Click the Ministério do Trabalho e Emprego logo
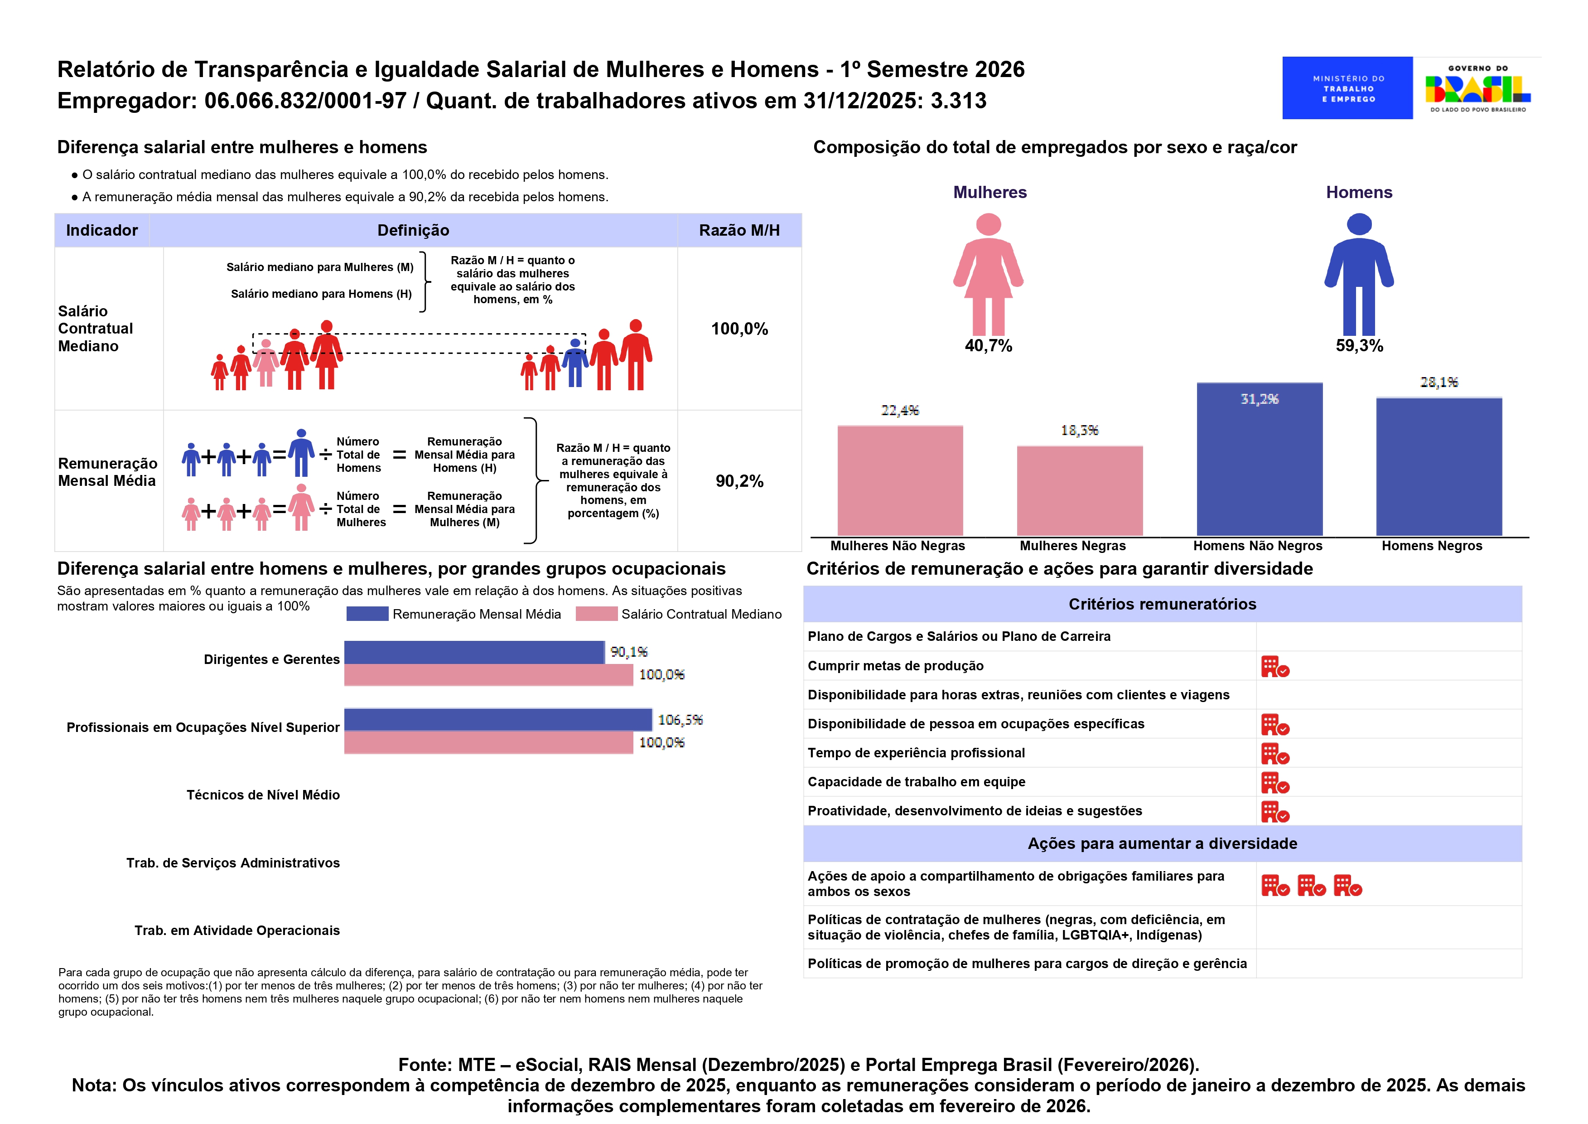[1347, 88]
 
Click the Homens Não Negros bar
[1260, 459]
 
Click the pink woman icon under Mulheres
[988, 274]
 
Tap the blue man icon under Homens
[1358, 274]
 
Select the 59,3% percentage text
[1359, 346]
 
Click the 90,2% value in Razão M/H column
[739, 481]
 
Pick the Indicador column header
[102, 231]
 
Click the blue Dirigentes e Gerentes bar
[474, 652]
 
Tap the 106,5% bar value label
[680, 720]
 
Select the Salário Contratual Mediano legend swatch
[596, 614]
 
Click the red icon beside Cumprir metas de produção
[1274, 667]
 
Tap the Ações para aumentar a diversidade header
[1162, 844]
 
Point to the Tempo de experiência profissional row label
[916, 753]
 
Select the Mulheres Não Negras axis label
[898, 546]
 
